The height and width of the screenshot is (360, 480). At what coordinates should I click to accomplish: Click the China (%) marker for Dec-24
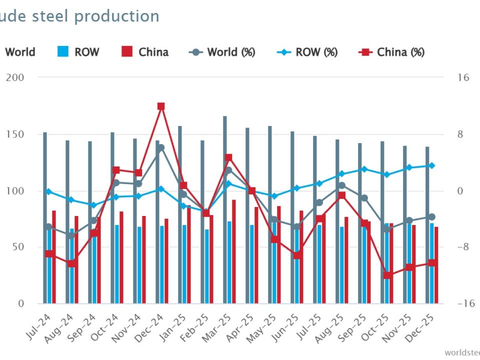(x=161, y=106)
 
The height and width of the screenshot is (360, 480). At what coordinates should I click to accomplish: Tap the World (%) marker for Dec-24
(x=161, y=148)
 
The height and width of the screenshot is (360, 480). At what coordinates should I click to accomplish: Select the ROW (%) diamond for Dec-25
(x=432, y=165)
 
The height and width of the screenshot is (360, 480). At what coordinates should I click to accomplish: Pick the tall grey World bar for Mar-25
(x=225, y=210)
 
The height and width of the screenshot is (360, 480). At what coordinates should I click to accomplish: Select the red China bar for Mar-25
(x=233, y=250)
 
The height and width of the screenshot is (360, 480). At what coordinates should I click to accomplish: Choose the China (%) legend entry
(x=392, y=52)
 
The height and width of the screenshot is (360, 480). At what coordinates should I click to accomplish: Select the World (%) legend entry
(x=222, y=52)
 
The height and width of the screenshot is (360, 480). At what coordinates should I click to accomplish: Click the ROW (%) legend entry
(x=307, y=52)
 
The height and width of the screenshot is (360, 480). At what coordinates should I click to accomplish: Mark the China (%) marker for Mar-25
(x=228, y=158)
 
